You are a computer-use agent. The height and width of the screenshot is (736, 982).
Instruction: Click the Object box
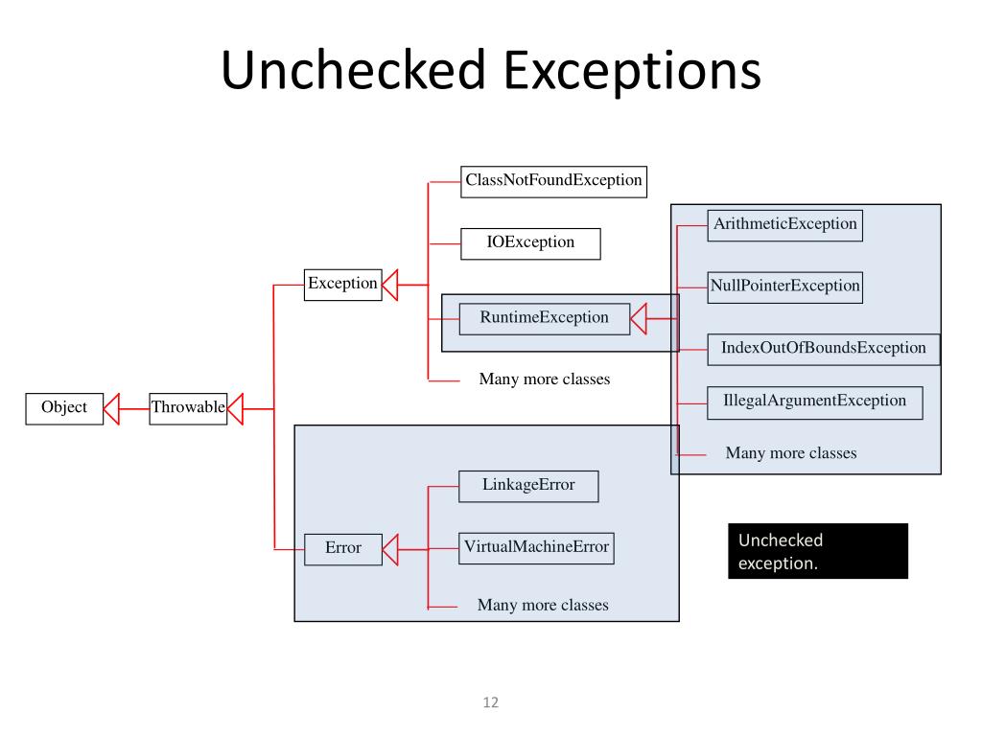click(64, 408)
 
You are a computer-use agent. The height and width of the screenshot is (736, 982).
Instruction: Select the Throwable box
click(188, 408)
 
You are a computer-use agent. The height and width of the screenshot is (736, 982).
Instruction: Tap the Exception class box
click(342, 284)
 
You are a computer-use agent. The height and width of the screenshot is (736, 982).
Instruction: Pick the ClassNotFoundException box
click(553, 180)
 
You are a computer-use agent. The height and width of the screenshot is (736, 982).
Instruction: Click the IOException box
click(530, 242)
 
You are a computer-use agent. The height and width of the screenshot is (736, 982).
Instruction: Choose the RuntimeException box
click(545, 318)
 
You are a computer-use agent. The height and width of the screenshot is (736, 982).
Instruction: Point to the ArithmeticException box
click(785, 224)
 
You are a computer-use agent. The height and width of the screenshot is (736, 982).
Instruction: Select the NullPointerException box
click(785, 287)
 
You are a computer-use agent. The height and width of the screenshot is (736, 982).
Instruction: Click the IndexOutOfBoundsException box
click(823, 348)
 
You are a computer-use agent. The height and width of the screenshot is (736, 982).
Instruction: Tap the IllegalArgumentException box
click(814, 402)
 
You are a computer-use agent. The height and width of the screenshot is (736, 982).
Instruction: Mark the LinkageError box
click(528, 486)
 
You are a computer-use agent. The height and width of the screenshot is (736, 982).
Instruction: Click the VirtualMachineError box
click(536, 548)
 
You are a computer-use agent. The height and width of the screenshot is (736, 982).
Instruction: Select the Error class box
click(342, 549)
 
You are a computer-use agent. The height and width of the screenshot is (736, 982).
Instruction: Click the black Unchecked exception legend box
click(817, 551)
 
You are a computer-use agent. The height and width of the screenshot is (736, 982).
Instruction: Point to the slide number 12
click(491, 702)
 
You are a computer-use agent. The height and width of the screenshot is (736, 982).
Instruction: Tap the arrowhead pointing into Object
click(113, 408)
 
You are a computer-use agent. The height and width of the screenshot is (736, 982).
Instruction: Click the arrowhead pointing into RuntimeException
click(641, 316)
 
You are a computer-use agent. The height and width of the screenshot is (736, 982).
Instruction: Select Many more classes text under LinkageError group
click(543, 605)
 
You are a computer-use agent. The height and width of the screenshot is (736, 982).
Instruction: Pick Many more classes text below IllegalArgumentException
click(791, 453)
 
